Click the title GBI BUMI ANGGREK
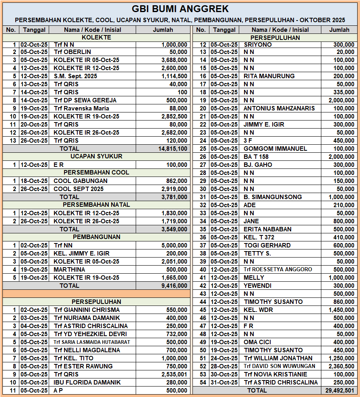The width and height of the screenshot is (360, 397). coord(180,9)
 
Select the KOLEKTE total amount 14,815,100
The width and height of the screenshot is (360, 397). coord(173,149)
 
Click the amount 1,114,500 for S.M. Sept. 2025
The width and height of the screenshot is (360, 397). coord(174,76)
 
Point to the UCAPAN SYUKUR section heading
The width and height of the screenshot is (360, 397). coord(96,156)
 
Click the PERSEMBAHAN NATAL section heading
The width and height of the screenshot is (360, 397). coord(96,205)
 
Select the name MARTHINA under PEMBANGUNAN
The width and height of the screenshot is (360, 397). coord(69,270)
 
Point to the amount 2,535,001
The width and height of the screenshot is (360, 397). coord(174,374)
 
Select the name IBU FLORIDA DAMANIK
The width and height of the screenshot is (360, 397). coord(87,382)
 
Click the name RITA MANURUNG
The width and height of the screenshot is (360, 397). coord(269,76)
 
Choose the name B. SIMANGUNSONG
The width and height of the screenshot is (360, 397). coord(273,197)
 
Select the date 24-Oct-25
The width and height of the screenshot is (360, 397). coord(224,358)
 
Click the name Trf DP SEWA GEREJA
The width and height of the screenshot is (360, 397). coord(85,100)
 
